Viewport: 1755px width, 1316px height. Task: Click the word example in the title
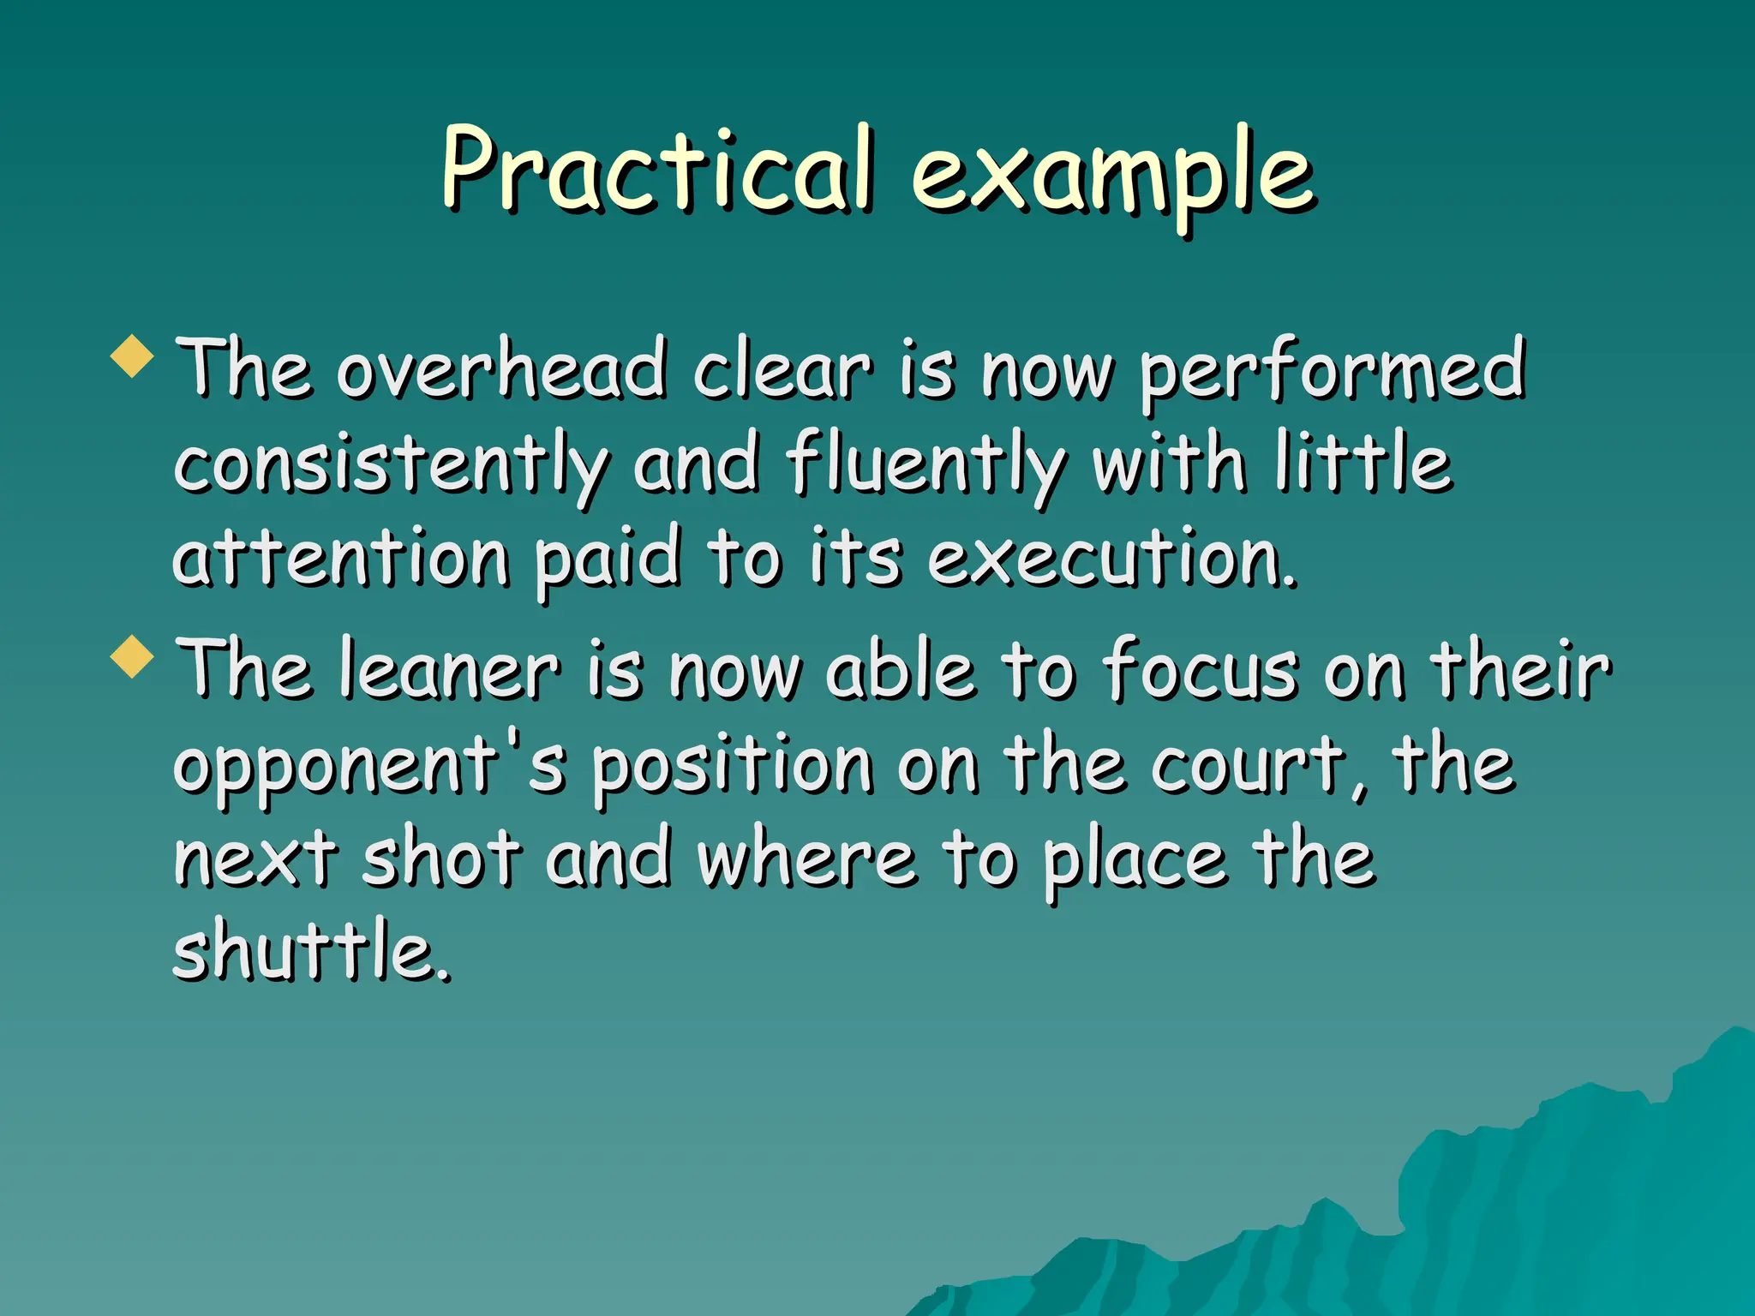pyautogui.click(x=1111, y=176)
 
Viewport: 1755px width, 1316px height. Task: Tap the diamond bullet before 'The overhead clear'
pyautogui.click(x=133, y=356)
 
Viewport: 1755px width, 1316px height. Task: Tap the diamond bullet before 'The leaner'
pyautogui.click(x=133, y=657)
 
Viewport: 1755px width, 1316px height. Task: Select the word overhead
pyautogui.click(x=501, y=370)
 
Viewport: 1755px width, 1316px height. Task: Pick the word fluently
pyautogui.click(x=926, y=467)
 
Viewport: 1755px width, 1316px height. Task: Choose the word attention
pyautogui.click(x=341, y=559)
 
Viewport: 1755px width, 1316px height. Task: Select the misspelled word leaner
pyautogui.click(x=449, y=671)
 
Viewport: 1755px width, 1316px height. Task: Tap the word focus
pyautogui.click(x=1201, y=671)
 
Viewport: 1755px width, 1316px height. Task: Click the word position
pyautogui.click(x=733, y=765)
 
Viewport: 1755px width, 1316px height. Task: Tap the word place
pyautogui.click(x=1135, y=859)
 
